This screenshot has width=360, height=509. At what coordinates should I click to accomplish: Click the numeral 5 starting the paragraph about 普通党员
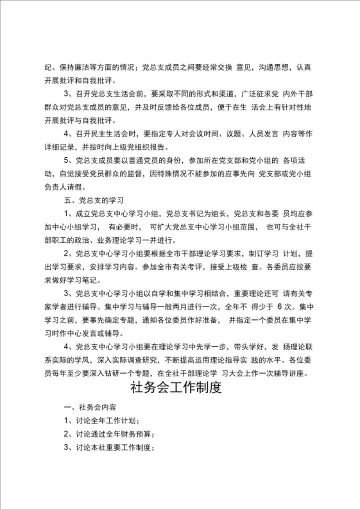point(66,160)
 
